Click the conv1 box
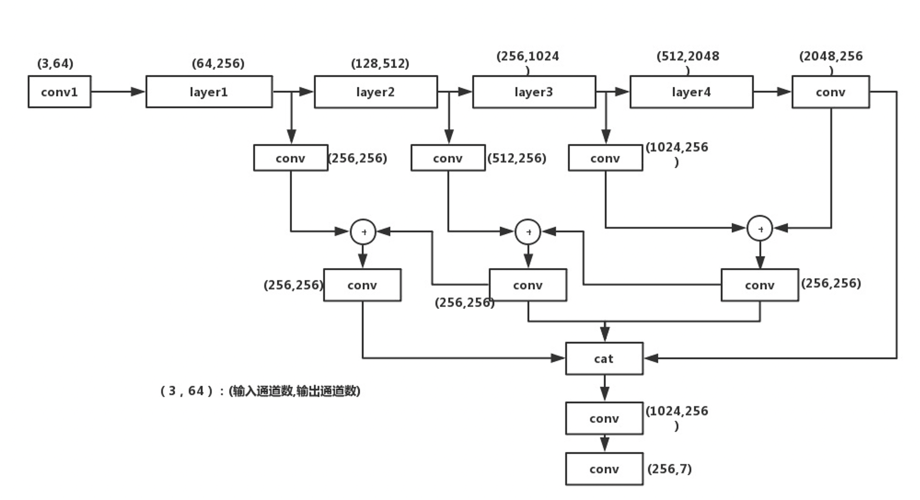[x=59, y=92]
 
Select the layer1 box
[x=209, y=92]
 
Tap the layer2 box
[x=375, y=92]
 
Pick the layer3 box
[x=534, y=92]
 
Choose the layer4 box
[x=691, y=92]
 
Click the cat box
[x=604, y=359]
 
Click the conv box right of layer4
[x=830, y=92]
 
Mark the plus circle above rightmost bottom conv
[x=760, y=229]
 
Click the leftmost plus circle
[x=363, y=232]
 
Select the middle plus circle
[x=528, y=232]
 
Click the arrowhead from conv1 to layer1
[x=138, y=92]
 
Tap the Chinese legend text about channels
[x=260, y=391]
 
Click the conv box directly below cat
[x=604, y=418]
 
